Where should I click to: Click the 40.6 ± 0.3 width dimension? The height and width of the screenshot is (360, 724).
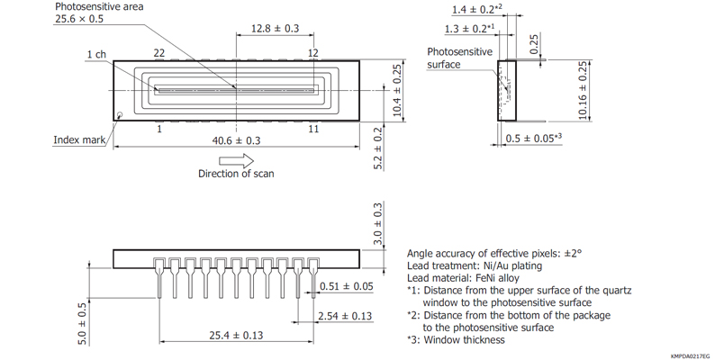tap(236, 140)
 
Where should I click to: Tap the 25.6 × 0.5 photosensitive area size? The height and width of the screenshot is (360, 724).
tap(79, 19)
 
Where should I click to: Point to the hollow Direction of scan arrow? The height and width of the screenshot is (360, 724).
tap(236, 159)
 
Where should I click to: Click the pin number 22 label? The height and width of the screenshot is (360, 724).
tap(158, 54)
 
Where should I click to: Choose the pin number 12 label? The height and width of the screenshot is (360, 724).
tap(312, 54)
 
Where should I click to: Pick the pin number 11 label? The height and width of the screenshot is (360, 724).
tap(312, 130)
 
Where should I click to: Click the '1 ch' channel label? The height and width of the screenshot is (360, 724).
tap(96, 55)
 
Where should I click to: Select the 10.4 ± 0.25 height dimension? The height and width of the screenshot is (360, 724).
tap(397, 90)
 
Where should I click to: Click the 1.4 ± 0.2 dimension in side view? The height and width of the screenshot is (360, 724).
tap(475, 9)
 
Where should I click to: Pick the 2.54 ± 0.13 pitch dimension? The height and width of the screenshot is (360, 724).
tap(346, 316)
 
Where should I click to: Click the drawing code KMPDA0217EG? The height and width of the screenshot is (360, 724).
tap(690, 355)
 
